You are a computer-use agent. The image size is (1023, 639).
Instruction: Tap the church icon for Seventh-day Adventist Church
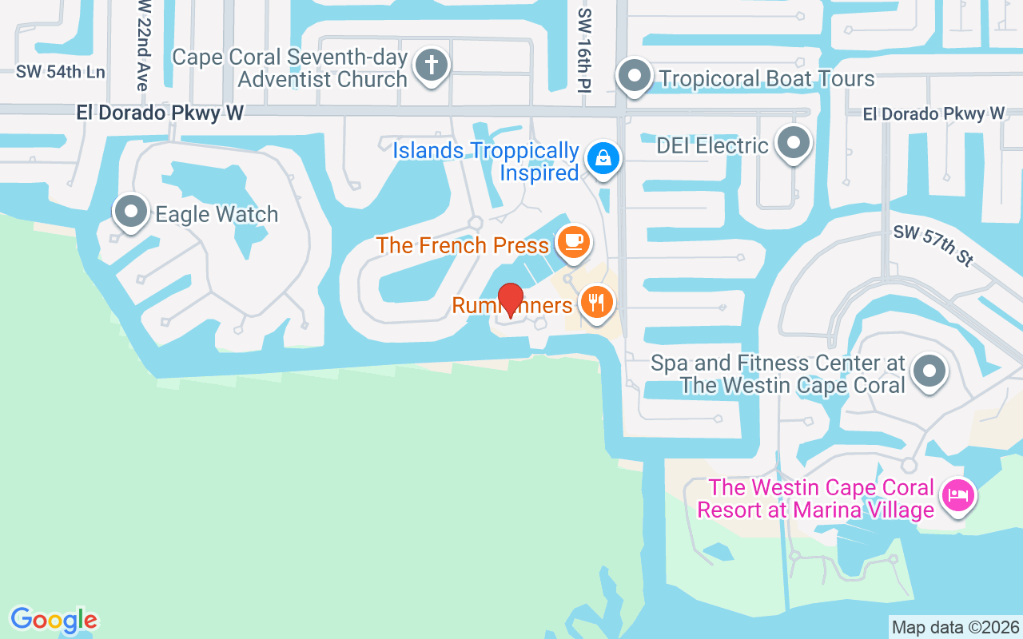pos(432,65)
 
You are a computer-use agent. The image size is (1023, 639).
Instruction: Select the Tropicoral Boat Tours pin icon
pos(635,77)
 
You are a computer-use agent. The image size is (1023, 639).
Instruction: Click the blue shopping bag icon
pos(604,158)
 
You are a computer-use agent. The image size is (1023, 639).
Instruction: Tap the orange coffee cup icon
pos(573,241)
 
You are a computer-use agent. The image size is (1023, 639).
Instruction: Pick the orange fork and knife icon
pos(596,303)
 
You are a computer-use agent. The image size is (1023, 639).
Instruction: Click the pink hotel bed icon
pos(957,494)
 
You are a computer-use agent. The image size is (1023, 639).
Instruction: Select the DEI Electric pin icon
pos(794,143)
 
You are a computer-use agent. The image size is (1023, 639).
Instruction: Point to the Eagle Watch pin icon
pos(131,212)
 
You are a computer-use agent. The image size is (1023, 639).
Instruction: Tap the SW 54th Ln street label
pos(60,72)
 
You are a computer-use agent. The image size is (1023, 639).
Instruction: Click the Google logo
pos(54,620)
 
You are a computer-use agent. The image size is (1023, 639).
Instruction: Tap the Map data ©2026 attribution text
pos(955,627)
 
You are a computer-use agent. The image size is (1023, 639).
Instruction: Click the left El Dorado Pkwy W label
pos(160,113)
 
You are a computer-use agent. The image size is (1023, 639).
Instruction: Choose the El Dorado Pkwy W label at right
pos(933,114)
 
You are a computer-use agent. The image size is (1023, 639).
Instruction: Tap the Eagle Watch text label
pos(217,214)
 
